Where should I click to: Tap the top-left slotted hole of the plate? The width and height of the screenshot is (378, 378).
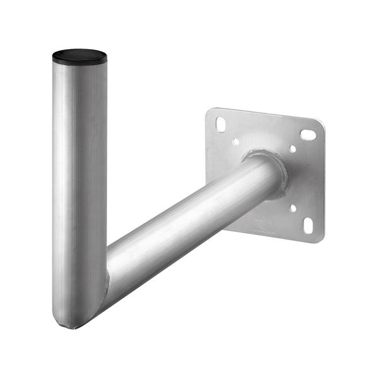(220, 124)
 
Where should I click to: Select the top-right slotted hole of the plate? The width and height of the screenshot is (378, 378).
(308, 134)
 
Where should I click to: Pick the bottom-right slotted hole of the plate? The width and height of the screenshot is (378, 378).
(308, 225)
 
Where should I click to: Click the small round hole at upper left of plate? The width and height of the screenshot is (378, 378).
(236, 142)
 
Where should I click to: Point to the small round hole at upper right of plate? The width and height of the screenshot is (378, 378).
(293, 149)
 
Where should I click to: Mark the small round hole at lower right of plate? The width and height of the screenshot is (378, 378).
(293, 208)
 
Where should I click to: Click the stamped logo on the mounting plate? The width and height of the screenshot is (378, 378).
(265, 222)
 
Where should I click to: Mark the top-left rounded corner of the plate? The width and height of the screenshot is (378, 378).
(210, 112)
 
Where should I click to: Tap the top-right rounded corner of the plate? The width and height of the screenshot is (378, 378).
(322, 124)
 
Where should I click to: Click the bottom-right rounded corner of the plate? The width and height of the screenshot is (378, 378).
(320, 239)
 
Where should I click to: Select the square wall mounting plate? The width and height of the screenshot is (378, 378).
(302, 183)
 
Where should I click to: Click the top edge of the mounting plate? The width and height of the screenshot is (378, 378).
(265, 113)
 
